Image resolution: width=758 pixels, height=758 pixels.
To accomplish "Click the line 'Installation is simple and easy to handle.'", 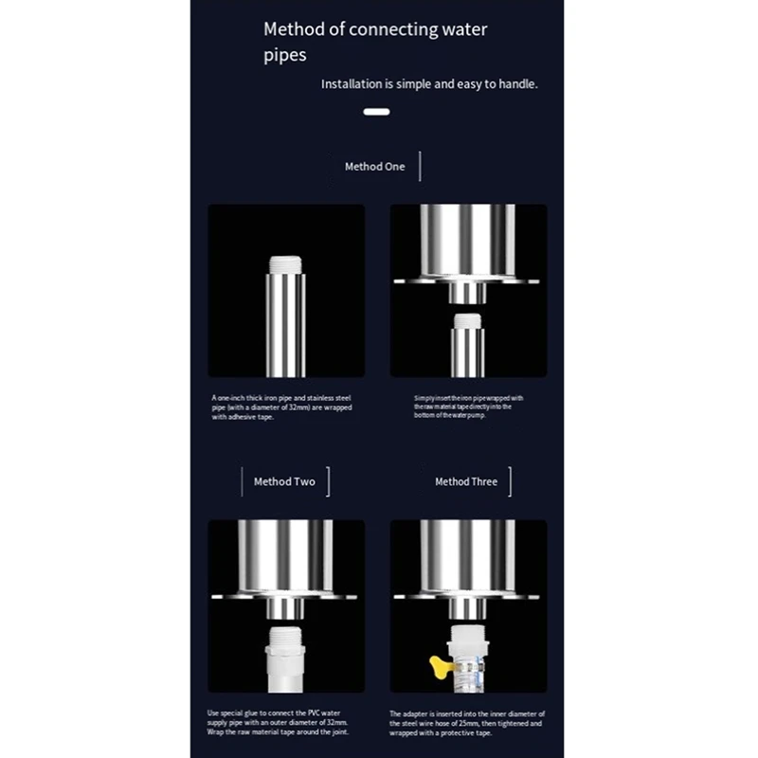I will [429, 84].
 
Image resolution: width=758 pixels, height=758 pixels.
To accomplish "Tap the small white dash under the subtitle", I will [377, 112].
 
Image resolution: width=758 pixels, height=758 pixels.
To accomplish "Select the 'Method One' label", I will [374, 167].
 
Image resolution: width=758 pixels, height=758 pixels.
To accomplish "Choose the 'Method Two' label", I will [284, 481].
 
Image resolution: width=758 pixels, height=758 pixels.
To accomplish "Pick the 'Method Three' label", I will [465, 481].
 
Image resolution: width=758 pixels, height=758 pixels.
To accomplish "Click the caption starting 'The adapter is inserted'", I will [465, 723].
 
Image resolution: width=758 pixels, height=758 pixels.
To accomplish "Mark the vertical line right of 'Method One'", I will [420, 166].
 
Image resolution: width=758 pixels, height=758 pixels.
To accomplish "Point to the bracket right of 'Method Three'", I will [510, 481].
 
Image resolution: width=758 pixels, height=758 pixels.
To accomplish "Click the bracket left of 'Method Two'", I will [243, 481].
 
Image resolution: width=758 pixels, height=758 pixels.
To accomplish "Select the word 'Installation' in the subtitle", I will [352, 84].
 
